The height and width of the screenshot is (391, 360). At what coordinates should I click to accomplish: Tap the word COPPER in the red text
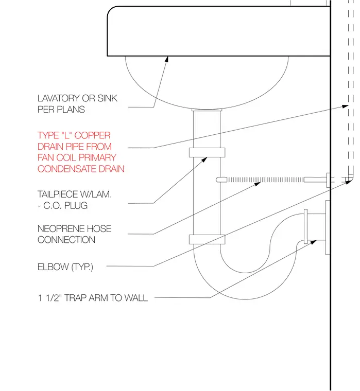(x=92, y=135)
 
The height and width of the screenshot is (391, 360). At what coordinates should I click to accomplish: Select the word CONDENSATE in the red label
(x=67, y=169)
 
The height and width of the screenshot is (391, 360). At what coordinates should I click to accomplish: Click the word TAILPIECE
(x=58, y=194)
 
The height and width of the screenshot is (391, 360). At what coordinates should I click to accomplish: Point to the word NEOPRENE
(x=57, y=228)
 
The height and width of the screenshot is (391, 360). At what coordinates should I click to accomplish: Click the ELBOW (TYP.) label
(x=65, y=267)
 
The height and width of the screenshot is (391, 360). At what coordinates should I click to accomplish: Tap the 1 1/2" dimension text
(x=50, y=298)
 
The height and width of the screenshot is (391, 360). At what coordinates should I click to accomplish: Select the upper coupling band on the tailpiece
(x=207, y=153)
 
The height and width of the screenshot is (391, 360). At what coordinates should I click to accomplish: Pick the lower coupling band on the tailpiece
(x=207, y=239)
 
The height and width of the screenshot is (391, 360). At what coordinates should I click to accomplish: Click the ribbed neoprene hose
(x=265, y=180)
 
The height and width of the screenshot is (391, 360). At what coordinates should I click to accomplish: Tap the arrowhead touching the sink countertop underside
(x=167, y=59)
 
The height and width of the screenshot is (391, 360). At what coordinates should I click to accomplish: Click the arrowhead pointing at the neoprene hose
(x=258, y=184)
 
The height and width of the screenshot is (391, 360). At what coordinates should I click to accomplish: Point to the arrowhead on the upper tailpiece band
(x=204, y=159)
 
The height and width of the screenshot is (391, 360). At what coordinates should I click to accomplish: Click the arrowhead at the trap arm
(x=314, y=242)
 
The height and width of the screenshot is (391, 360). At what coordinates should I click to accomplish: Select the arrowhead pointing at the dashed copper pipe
(x=345, y=106)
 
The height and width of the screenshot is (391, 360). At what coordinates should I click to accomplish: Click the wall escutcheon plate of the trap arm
(x=328, y=227)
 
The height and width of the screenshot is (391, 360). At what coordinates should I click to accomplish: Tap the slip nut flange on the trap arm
(x=305, y=227)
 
